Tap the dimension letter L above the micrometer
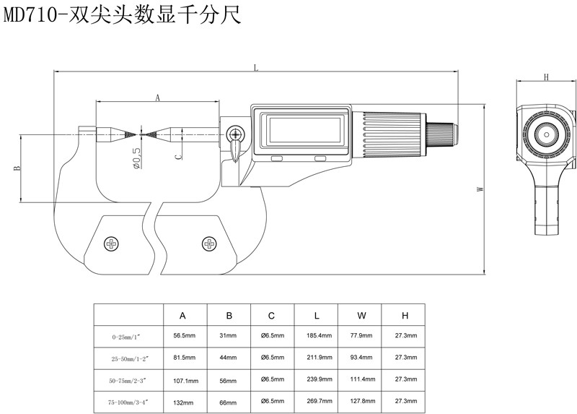(x=256, y=67)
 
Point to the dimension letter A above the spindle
(x=157, y=95)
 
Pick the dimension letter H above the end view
(x=546, y=77)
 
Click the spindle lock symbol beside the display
(x=235, y=134)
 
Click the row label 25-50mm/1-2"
(x=129, y=358)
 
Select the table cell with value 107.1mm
(x=186, y=379)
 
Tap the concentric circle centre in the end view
(x=546, y=134)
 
